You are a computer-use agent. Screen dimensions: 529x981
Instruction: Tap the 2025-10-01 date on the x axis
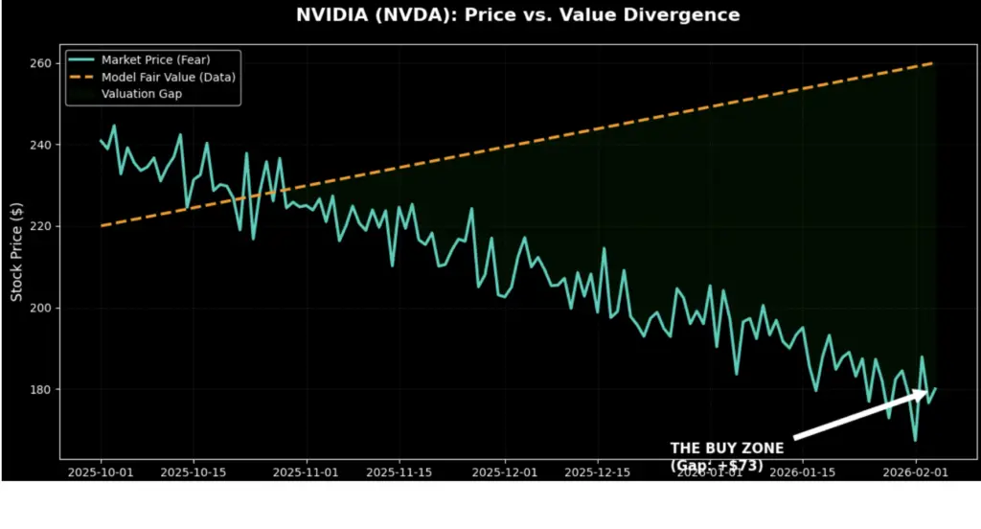coord(101,472)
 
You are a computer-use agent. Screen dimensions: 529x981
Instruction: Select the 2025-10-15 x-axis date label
coord(193,472)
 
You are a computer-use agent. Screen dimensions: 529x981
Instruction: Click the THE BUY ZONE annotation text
coord(726,448)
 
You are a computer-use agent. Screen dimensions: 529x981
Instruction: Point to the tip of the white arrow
coord(927,390)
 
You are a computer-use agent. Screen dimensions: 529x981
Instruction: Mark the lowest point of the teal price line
coord(915,441)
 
